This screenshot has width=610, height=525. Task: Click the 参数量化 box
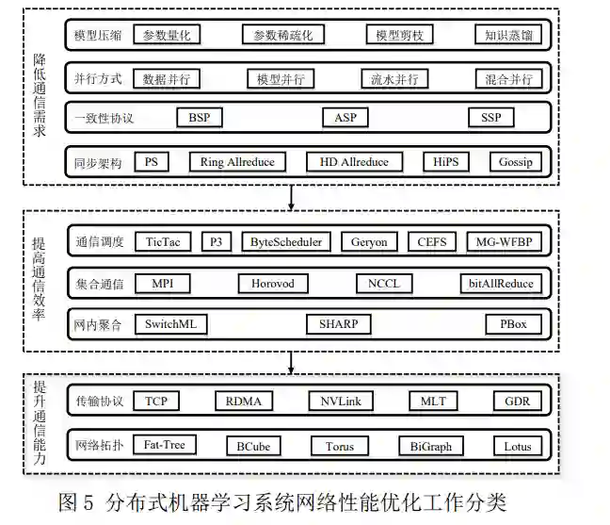(168, 36)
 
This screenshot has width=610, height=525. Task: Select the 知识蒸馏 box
(508, 36)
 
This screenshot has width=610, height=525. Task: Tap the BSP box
(200, 118)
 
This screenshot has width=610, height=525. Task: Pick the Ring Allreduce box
(237, 162)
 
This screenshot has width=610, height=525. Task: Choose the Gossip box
(516, 162)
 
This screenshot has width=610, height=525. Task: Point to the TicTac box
(162, 242)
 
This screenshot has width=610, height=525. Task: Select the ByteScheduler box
(285, 242)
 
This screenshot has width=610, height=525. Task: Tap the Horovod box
(272, 284)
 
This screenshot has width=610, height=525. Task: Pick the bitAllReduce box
(501, 284)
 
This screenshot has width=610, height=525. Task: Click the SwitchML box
(169, 324)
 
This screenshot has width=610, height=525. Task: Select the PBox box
(513, 324)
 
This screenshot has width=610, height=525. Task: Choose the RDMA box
(243, 402)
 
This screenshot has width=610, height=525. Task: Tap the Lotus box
(517, 446)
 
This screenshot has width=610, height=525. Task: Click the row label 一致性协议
(104, 119)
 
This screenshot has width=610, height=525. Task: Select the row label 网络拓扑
(97, 446)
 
